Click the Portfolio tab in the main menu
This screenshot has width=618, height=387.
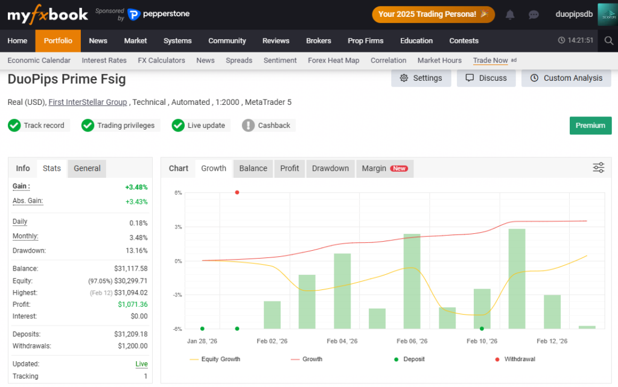(x=58, y=40)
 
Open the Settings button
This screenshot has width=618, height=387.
(x=421, y=78)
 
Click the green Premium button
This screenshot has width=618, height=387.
(x=590, y=125)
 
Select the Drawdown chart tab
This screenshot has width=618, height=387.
(x=330, y=169)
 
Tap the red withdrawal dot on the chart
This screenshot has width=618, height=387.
(x=237, y=192)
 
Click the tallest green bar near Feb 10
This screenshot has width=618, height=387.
(x=517, y=278)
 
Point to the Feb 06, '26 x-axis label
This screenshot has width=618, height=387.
(x=412, y=341)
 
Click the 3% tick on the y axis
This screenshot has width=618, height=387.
(x=178, y=227)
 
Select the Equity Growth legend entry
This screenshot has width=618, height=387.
(x=215, y=359)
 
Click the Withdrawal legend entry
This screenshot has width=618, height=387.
(x=515, y=359)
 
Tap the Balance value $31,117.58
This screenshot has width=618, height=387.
(x=131, y=268)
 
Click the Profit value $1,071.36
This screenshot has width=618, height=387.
(x=133, y=304)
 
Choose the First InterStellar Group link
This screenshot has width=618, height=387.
(x=88, y=102)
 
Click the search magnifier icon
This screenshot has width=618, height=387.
(x=608, y=40)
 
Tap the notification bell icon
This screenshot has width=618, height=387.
(x=510, y=14)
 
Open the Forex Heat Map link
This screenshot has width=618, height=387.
(x=333, y=60)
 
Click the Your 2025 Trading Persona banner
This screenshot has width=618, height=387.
(x=433, y=14)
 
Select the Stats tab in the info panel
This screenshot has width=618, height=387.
(x=52, y=168)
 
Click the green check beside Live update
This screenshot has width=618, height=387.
(x=178, y=125)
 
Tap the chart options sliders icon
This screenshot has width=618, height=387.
(x=598, y=168)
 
